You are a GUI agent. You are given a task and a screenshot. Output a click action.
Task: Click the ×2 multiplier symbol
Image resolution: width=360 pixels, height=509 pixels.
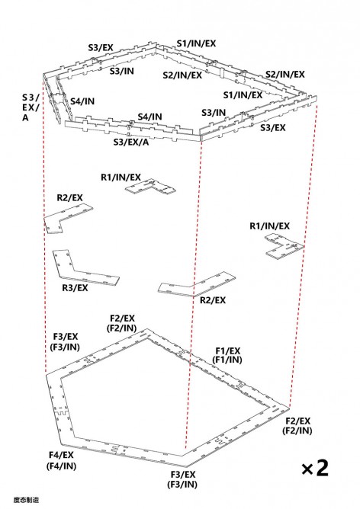tap(314, 468)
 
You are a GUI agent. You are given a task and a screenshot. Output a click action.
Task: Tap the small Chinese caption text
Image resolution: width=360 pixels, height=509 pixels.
tap(27, 500)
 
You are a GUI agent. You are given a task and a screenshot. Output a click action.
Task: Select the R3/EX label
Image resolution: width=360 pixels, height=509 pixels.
tap(75, 288)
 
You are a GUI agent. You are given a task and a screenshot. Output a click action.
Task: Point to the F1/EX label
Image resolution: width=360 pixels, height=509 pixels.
tap(228, 351)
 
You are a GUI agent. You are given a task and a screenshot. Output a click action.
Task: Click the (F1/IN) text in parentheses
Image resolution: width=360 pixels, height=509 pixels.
tap(227, 360)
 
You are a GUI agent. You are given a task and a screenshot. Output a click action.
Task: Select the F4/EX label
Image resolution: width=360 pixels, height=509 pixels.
tap(61, 455)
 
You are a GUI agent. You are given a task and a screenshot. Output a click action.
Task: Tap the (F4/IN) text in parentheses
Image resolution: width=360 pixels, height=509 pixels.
tap(61, 466)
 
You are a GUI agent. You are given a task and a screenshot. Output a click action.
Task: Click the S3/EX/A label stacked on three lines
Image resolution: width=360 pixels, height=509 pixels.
tap(31, 107)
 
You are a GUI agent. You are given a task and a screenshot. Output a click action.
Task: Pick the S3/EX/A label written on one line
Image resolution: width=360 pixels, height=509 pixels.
tap(131, 142)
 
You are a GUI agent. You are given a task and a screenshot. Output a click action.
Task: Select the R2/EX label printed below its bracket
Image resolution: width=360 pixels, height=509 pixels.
tap(213, 300)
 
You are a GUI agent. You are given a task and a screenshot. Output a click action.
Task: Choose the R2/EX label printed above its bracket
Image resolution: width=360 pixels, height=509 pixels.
tap(70, 197)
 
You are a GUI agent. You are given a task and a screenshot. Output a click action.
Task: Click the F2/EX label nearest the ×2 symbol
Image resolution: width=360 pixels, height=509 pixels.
tap(298, 421)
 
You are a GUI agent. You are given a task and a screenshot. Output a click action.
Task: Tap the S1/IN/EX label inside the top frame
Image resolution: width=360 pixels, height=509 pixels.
tap(243, 94)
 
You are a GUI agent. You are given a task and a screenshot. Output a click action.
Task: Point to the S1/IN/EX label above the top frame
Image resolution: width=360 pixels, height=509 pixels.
tap(196, 43)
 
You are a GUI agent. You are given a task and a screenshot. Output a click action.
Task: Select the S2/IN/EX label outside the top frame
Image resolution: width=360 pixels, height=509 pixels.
tap(285, 75)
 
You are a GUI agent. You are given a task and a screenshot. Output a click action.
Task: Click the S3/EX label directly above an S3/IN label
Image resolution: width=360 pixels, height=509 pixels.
tap(101, 48)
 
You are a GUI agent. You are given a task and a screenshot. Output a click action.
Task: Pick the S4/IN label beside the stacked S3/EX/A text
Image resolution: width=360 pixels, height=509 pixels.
tap(82, 101)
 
